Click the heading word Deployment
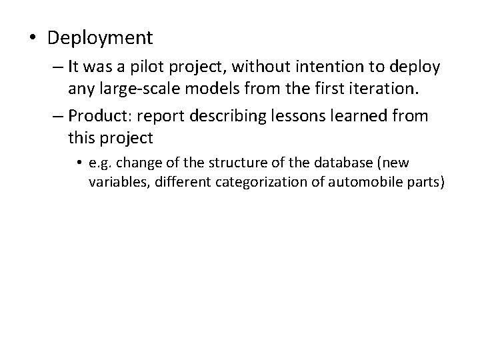pos(100,38)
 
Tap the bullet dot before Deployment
pos(33,38)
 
